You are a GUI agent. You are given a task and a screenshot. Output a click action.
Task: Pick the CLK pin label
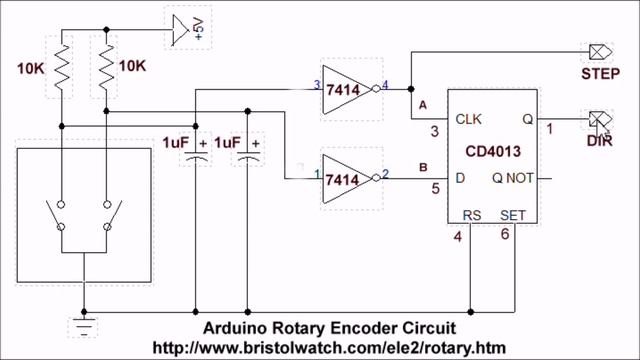[x=469, y=119]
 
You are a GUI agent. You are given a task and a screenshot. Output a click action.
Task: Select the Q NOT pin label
[x=513, y=180]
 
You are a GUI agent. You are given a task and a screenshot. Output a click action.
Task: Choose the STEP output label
[x=602, y=75]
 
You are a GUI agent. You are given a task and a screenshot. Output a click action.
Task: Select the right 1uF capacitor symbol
[x=249, y=151]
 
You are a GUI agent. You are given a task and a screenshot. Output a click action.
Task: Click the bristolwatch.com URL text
[x=329, y=346]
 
